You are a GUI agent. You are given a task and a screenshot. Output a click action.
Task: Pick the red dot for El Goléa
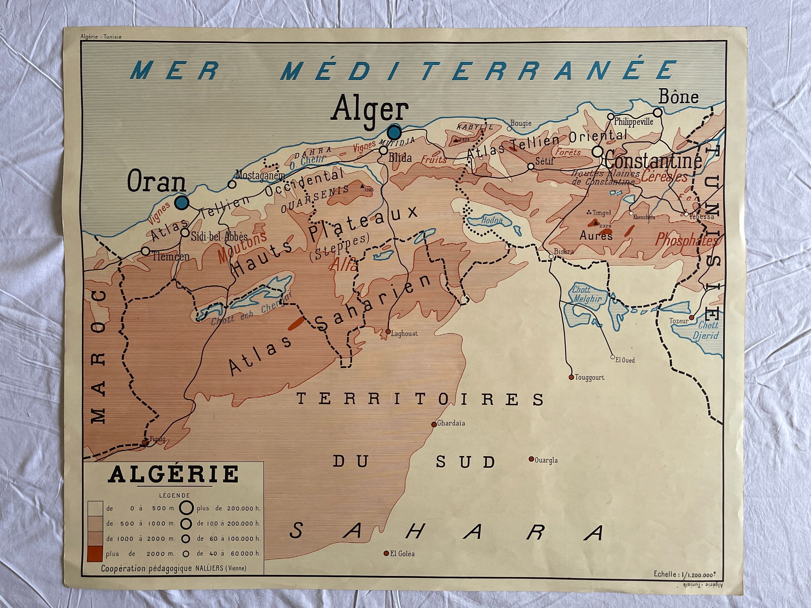386,553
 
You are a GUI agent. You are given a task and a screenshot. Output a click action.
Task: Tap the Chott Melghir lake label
587,294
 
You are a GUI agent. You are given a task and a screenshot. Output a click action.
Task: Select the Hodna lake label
491,221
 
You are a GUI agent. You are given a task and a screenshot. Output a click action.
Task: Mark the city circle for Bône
658,112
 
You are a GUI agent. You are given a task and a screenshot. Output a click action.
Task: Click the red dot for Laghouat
388,332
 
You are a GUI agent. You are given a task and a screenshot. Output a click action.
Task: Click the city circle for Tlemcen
146,251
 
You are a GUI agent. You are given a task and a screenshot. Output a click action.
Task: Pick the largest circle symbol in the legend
186,508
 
